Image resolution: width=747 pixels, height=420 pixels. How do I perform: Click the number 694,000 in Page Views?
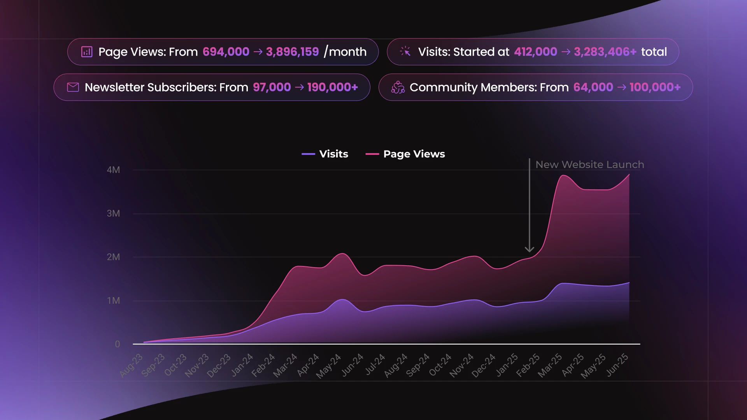click(226, 52)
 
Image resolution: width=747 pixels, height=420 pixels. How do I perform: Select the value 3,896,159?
click(292, 52)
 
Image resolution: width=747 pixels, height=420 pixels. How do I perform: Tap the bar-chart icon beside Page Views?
click(87, 52)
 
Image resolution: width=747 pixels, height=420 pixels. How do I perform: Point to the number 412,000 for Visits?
click(535, 52)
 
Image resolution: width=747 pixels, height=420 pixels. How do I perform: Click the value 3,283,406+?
click(605, 52)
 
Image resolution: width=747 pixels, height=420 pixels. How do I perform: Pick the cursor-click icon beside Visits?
click(405, 51)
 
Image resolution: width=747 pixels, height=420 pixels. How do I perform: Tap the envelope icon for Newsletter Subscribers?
click(73, 87)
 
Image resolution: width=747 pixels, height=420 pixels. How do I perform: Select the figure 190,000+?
click(332, 87)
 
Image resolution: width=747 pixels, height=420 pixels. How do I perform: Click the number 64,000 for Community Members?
click(593, 87)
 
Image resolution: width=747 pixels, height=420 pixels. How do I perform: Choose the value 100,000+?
click(655, 87)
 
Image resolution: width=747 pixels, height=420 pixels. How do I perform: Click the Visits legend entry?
click(325, 154)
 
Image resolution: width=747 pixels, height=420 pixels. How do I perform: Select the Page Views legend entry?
click(405, 154)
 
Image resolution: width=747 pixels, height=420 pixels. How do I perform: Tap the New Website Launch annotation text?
click(589, 164)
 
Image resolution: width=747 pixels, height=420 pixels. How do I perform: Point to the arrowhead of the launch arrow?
click(529, 249)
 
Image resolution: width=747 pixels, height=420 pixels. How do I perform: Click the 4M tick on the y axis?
click(113, 170)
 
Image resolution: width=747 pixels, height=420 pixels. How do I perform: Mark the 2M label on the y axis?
click(113, 257)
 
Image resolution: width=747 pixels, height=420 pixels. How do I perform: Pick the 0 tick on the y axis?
click(117, 344)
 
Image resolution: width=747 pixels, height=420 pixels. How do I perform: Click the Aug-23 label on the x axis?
click(132, 365)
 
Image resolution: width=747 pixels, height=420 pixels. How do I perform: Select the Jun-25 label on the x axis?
click(617, 365)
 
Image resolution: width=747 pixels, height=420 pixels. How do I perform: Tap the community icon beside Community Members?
click(398, 87)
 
